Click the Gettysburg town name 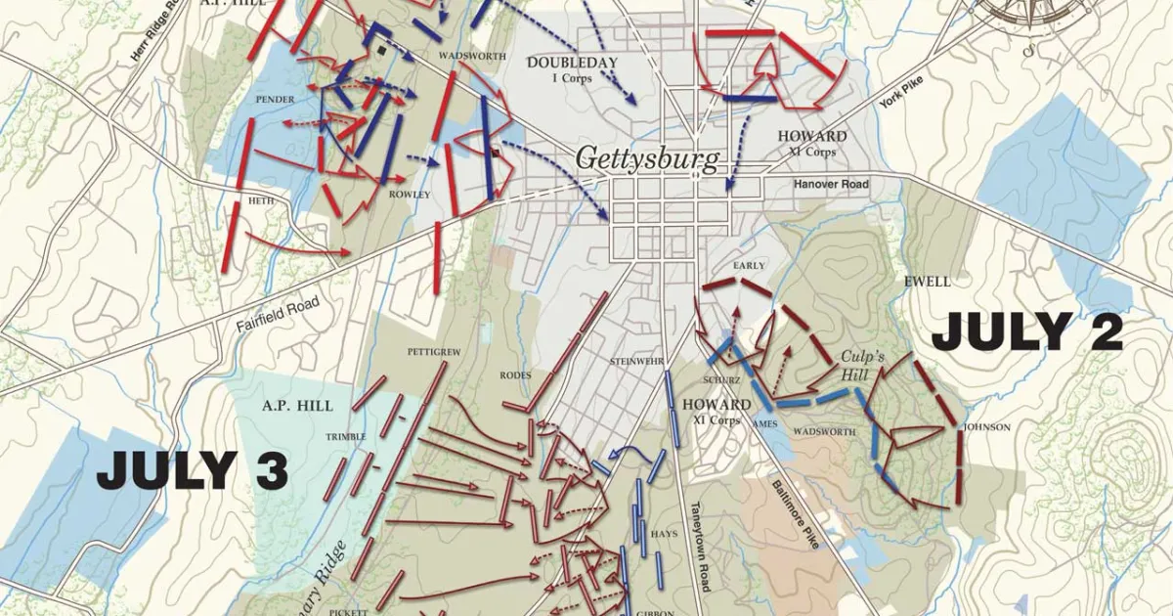646,158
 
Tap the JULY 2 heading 1026,333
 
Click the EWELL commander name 928,282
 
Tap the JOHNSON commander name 986,427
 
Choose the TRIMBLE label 347,436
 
